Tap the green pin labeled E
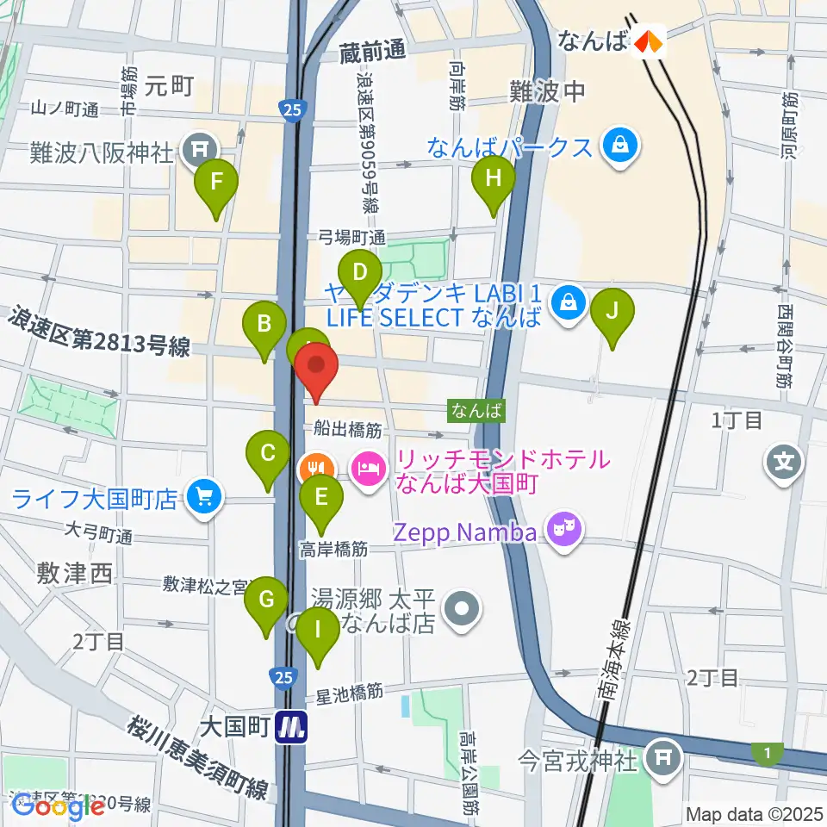pyautogui.click(x=321, y=499)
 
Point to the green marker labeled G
pyautogui.click(x=268, y=600)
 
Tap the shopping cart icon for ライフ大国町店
pyautogui.click(x=205, y=497)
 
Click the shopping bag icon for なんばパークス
pyautogui.click(x=619, y=143)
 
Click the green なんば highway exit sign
pyautogui.click(x=476, y=411)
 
